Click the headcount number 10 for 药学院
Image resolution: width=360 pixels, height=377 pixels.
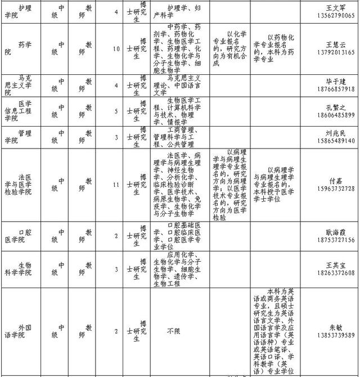(x=116, y=49)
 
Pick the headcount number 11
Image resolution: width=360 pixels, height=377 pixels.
(x=116, y=184)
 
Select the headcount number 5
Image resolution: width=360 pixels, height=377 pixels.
(x=116, y=111)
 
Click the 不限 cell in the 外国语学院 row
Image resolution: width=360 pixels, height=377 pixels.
(x=173, y=331)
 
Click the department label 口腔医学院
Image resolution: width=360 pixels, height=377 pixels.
(x=20, y=236)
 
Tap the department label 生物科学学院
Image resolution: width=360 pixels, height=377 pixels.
(x=20, y=268)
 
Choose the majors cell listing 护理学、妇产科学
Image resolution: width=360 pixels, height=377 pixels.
(x=175, y=12)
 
